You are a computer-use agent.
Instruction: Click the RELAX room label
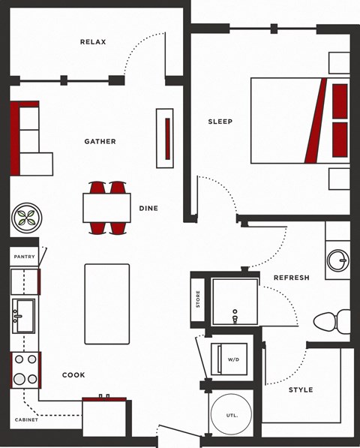(x=93, y=42)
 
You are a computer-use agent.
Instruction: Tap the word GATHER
(x=100, y=141)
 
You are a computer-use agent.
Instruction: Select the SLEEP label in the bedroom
(x=220, y=122)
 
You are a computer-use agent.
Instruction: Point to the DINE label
(x=148, y=209)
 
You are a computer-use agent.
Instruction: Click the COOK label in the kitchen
(x=73, y=375)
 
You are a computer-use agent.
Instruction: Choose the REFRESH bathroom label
(x=292, y=278)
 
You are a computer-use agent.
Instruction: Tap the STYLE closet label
(x=301, y=389)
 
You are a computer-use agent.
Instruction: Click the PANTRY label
(x=25, y=257)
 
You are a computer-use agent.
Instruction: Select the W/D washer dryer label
(x=233, y=359)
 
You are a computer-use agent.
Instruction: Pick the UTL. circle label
(x=232, y=416)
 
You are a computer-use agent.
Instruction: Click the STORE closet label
(x=198, y=299)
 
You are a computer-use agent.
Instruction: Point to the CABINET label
(x=26, y=419)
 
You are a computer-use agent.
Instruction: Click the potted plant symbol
(x=27, y=218)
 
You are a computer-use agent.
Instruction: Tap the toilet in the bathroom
(x=331, y=322)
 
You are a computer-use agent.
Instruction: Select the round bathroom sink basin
(x=338, y=260)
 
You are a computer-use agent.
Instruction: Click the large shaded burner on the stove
(x=19, y=379)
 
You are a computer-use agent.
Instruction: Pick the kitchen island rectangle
(x=107, y=304)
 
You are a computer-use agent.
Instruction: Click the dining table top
(x=106, y=208)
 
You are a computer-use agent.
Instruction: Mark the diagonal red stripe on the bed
(x=316, y=121)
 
